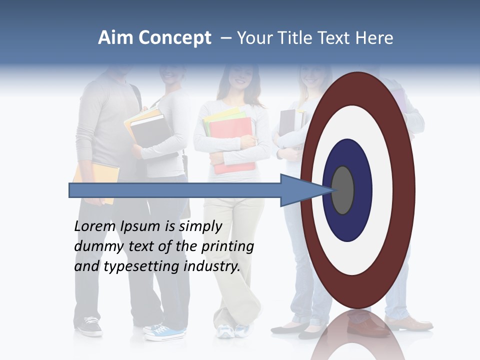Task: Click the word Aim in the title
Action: [x=115, y=38]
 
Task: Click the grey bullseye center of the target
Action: [x=342, y=190]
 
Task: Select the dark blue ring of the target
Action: [x=362, y=190]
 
